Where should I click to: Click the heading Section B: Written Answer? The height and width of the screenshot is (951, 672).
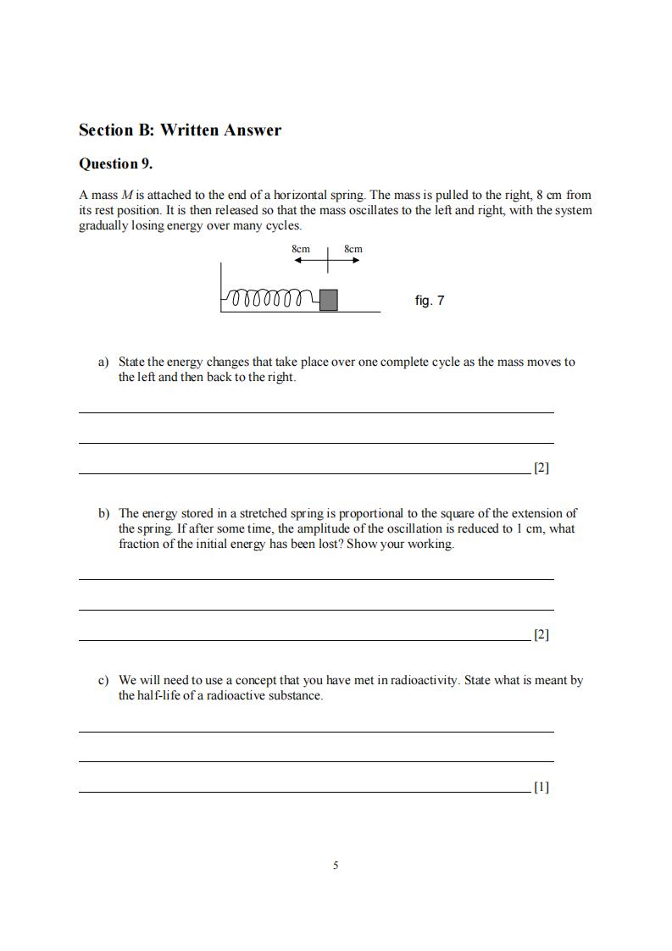point(180,130)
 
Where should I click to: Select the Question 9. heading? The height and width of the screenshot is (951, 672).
point(115,163)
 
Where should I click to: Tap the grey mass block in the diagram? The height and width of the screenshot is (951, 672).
point(329,300)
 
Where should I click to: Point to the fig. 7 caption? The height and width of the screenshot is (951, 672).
point(430,301)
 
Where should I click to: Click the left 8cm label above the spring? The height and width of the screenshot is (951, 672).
point(301,249)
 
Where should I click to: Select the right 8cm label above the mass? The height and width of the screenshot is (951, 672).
point(353,249)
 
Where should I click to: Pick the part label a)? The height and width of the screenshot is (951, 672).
point(103,362)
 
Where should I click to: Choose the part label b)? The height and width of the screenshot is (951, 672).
point(103,513)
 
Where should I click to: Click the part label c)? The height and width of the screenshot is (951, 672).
point(103,680)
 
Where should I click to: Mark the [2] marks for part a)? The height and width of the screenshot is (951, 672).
point(541,467)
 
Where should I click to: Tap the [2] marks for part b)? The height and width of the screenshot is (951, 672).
point(541,634)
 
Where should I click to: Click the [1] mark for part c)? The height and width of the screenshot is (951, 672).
point(541,787)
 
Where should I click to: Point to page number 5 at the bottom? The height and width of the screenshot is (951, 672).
point(336,865)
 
